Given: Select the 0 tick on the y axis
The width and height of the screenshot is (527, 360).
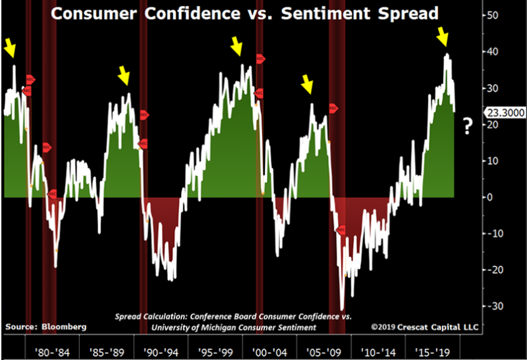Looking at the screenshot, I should pyautogui.click(x=491, y=197).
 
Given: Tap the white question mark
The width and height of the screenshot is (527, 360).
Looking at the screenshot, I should pyautogui.click(x=468, y=125).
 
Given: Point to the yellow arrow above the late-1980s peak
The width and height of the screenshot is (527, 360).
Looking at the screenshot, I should pyautogui.click(x=123, y=75).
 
